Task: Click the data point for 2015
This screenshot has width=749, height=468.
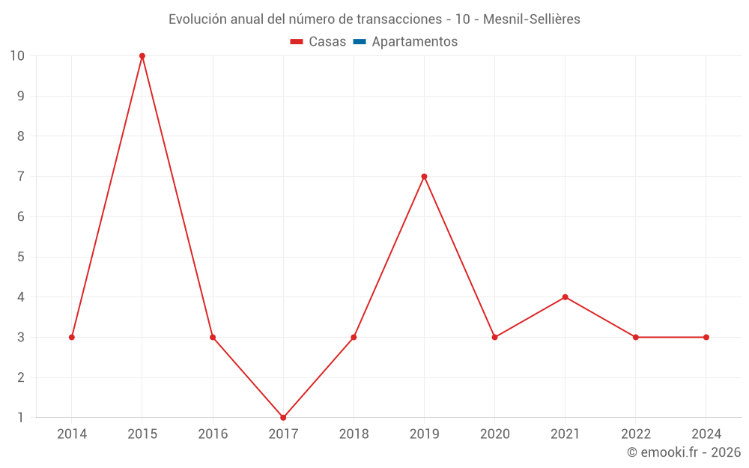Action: click(x=142, y=56)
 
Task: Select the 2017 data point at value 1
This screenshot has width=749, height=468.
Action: click(x=283, y=417)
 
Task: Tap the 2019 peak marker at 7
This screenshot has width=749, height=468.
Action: click(x=424, y=177)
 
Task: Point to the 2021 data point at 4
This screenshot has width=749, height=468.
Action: click(x=565, y=297)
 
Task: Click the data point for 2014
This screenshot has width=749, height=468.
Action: click(x=72, y=337)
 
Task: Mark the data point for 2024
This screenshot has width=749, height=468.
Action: click(x=706, y=337)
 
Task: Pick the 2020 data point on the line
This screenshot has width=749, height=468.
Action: click(x=494, y=337)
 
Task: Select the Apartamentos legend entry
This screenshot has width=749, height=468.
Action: click(x=414, y=42)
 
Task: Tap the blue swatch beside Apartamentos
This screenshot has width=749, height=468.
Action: click(x=359, y=42)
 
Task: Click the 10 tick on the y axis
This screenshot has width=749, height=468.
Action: click(x=17, y=56)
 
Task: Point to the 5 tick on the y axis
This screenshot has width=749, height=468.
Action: click(x=21, y=257)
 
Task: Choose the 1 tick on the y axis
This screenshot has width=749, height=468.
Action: click(x=21, y=417)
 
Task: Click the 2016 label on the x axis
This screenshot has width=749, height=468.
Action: click(x=213, y=434)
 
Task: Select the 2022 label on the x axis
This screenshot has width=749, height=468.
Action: click(x=636, y=434)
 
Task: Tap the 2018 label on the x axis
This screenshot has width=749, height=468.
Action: click(x=354, y=434)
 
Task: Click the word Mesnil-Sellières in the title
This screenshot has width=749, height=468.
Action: click(x=532, y=19)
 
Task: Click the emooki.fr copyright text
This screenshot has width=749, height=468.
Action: click(x=684, y=452)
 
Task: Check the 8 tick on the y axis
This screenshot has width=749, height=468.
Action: click(x=21, y=136)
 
